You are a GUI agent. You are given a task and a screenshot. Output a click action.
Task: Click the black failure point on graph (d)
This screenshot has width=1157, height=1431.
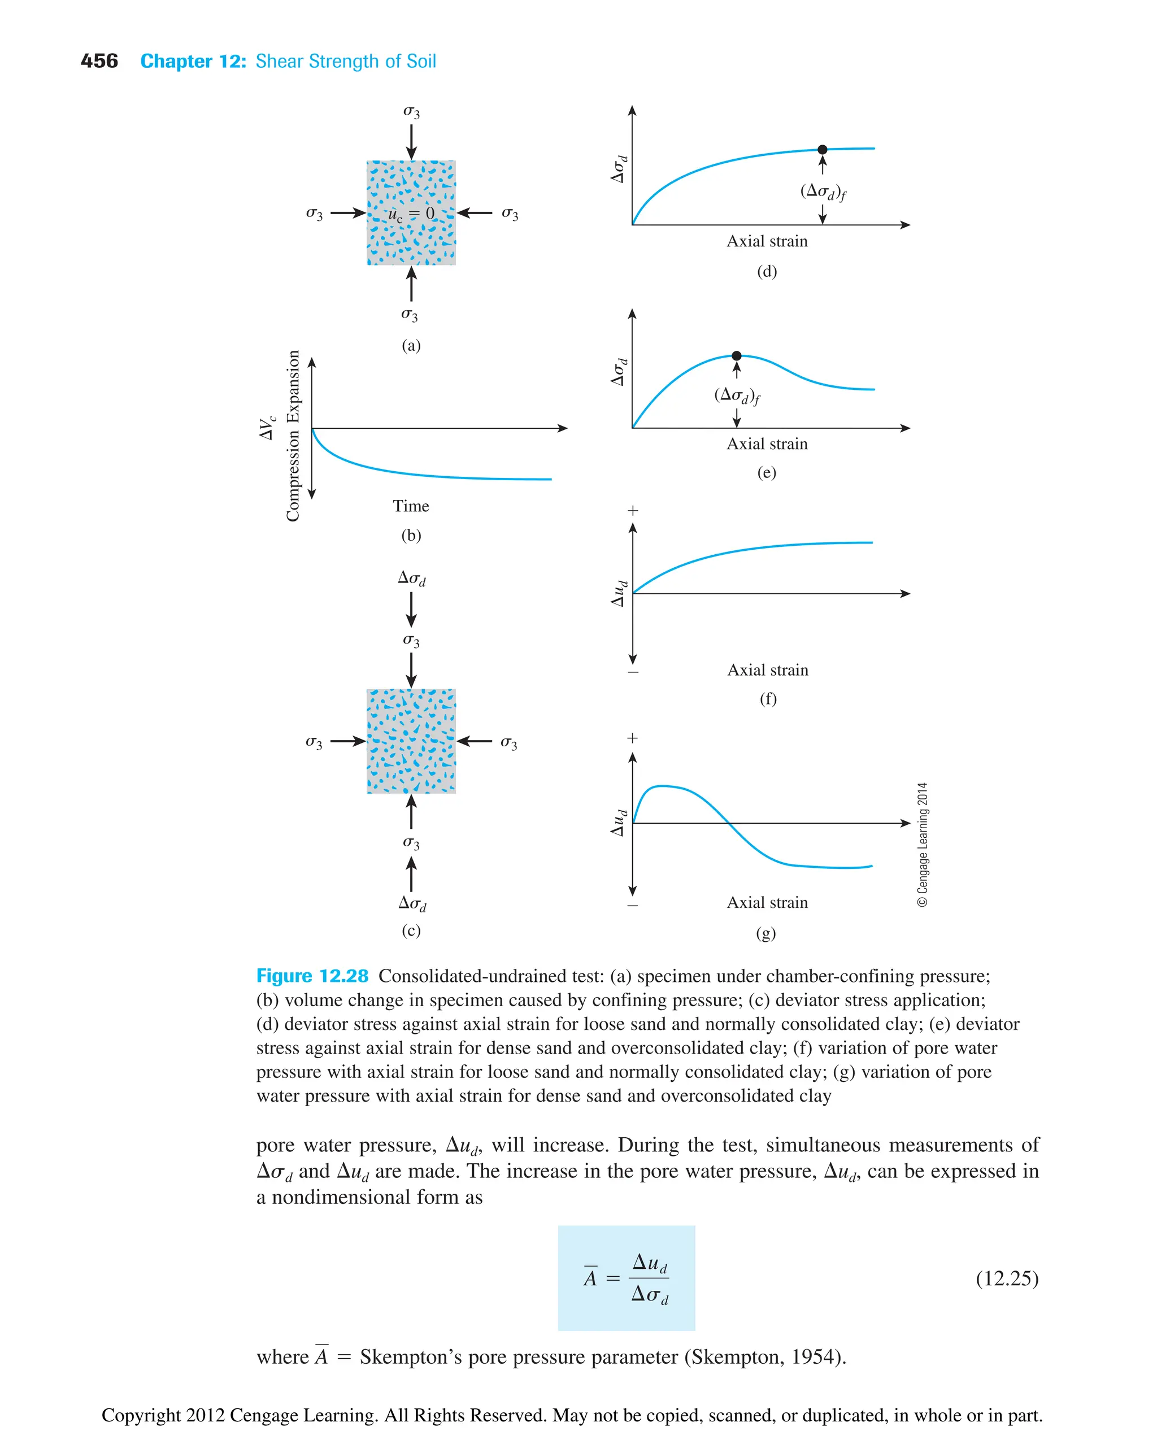coord(822,149)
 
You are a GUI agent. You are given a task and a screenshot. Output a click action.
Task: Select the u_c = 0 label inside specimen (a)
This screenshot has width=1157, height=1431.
coord(411,214)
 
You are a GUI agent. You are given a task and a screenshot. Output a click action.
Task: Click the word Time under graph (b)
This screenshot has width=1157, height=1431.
coord(411,506)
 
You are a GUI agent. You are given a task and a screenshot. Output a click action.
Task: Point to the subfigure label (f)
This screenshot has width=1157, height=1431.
coord(768,698)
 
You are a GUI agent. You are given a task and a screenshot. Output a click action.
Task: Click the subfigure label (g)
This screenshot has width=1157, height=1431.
coord(766,933)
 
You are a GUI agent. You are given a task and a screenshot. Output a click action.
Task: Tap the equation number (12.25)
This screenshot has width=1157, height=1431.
coord(1006,1278)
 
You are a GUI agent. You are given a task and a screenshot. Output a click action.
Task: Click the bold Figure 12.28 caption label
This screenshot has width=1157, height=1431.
coord(312,976)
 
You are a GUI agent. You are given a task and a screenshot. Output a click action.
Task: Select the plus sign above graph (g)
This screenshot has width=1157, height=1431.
coord(633,738)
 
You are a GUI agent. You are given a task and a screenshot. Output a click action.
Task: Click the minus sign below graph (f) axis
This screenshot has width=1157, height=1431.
coord(633,672)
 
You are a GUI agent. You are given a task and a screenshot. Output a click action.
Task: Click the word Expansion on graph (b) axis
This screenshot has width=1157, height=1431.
coord(293,386)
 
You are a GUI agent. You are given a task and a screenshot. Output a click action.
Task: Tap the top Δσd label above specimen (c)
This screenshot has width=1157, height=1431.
coord(411,578)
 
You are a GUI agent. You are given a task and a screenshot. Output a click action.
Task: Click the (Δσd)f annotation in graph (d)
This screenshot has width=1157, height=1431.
coord(823,192)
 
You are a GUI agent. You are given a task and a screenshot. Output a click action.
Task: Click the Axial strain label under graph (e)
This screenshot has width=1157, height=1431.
coord(767,444)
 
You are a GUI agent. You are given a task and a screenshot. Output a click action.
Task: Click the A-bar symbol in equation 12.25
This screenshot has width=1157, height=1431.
coord(590,1278)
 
